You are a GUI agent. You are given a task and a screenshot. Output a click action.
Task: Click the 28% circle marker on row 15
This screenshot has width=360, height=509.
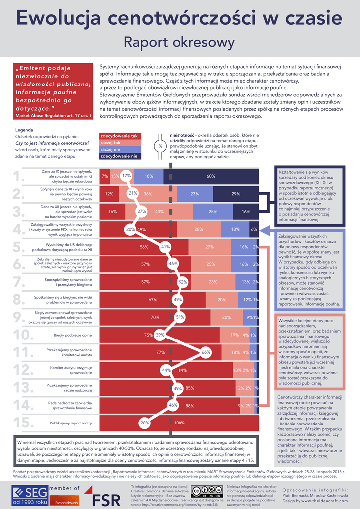pyautogui.click(x=145, y=423)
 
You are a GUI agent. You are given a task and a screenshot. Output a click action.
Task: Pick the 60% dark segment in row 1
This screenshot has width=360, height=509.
pyautogui.click(x=211, y=176)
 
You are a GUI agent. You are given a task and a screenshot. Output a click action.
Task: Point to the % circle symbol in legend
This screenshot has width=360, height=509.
pyautogui.click(x=161, y=146)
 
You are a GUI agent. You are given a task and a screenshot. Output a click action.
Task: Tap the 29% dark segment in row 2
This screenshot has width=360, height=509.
pyautogui.click(x=236, y=194)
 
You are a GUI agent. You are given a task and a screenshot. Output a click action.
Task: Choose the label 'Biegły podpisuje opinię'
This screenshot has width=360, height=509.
pyautogui.click(x=73, y=335)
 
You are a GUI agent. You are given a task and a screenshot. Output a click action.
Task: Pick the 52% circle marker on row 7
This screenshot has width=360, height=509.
pyautogui.click(x=182, y=282)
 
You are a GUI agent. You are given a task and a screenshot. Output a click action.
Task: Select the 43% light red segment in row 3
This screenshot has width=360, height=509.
pyautogui.click(x=159, y=211)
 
